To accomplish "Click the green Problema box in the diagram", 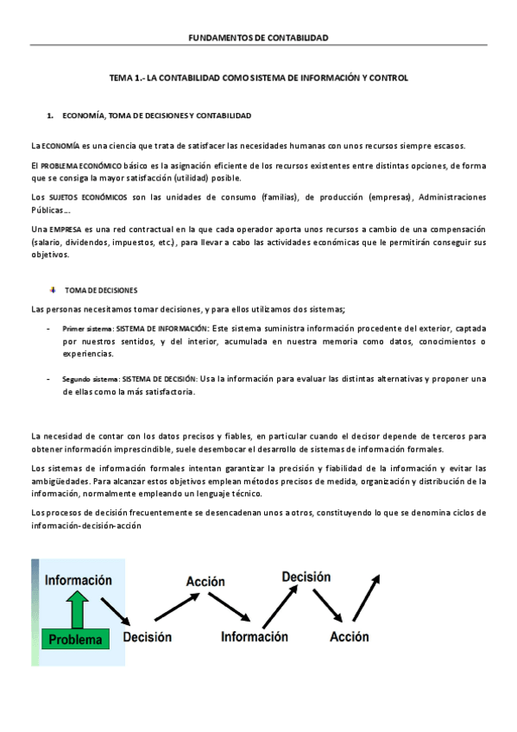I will [76, 640].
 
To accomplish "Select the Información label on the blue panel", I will [79, 580].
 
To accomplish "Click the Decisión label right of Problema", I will [147, 637].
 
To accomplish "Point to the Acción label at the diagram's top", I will [205, 582].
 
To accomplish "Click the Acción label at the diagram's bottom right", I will [350, 637].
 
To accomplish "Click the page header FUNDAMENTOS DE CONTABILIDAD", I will [258, 38].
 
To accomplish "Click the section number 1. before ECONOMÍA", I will [51, 115].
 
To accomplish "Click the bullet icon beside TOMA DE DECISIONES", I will [53, 290].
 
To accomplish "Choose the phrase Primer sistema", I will [87, 329].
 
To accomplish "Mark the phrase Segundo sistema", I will [91, 378].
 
